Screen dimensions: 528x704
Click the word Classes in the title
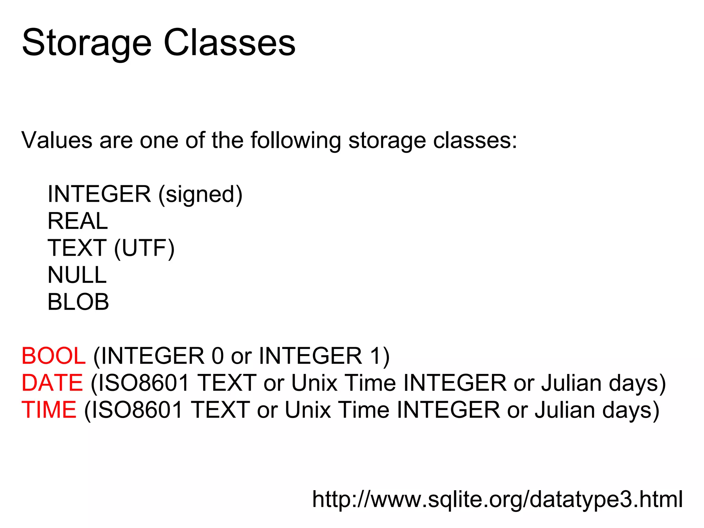[230, 43]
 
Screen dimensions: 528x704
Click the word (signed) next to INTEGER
[200, 195]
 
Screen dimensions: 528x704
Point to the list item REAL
[78, 221]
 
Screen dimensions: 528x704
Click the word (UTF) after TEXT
[144, 248]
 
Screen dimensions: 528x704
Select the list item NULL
[77, 275]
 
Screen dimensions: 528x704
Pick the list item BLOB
[78, 302]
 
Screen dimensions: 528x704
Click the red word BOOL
[53, 356]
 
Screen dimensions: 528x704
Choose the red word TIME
[49, 410]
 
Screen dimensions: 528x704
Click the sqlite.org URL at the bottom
[497, 499]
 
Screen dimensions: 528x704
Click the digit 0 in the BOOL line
[218, 356]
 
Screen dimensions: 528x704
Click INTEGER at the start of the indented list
[99, 194]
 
